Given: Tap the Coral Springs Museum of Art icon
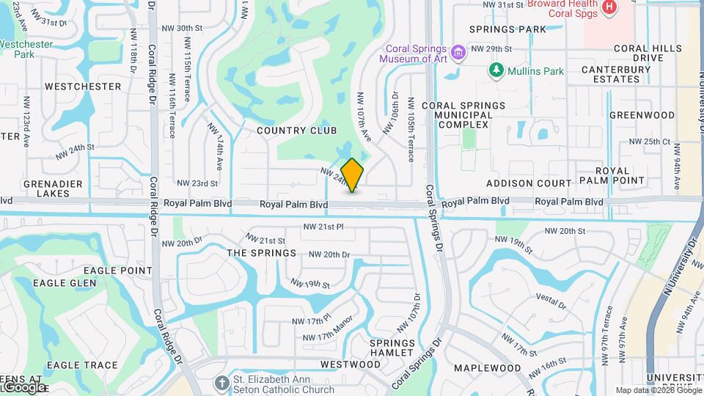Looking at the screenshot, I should pyautogui.click(x=459, y=53).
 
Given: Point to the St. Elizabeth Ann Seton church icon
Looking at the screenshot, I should pyautogui.click(x=221, y=384).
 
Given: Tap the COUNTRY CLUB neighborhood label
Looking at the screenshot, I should pyautogui.click(x=296, y=131).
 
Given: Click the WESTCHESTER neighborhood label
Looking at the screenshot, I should pyautogui.click(x=83, y=86).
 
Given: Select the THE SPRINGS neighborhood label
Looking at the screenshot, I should pyautogui.click(x=262, y=253).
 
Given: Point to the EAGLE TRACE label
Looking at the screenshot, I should pyautogui.click(x=82, y=364).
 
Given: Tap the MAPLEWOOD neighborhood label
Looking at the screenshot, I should pyautogui.click(x=487, y=367).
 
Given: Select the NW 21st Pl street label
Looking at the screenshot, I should pyautogui.click(x=323, y=227).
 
